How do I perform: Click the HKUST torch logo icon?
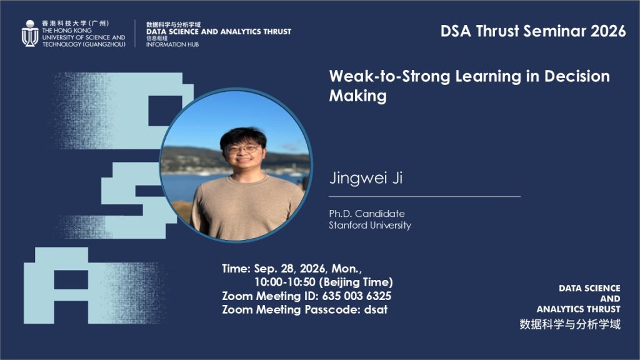[x=30, y=34]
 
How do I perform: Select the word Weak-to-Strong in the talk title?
[x=389, y=76]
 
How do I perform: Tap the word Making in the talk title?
[x=357, y=96]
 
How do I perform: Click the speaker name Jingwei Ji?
[x=366, y=177]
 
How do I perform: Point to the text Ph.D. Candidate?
[x=367, y=214]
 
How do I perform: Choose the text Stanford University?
[x=370, y=225]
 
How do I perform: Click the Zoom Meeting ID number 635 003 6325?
[x=357, y=296]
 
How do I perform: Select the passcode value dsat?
[x=376, y=309]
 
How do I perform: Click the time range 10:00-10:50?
[x=285, y=282]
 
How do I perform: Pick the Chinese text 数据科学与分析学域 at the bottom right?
[x=570, y=324]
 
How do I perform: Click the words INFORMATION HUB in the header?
[x=172, y=44]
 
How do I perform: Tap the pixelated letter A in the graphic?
[x=56, y=285]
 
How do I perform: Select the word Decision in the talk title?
[x=577, y=76]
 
